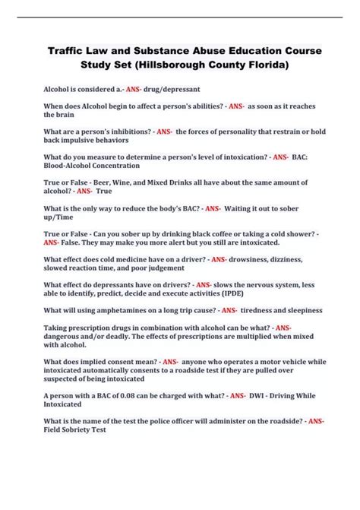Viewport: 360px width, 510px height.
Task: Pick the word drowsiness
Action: (252, 259)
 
